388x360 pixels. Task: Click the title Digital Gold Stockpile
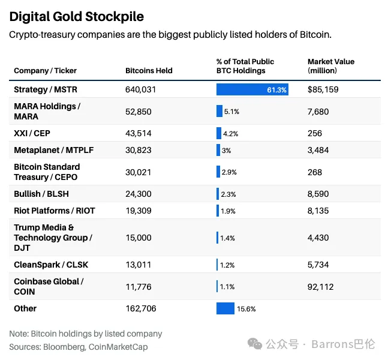point(76,16)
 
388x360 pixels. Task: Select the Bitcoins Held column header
point(149,71)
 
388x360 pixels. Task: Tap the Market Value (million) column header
point(331,66)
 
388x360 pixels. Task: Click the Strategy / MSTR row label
point(46,90)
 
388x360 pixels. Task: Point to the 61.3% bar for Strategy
point(252,90)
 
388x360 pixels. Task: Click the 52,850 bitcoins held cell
point(139,111)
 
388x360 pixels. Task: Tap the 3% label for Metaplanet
point(226,151)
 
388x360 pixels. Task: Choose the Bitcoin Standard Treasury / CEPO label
point(47,172)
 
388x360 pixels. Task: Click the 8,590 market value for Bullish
point(318,194)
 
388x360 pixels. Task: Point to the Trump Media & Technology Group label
point(53,238)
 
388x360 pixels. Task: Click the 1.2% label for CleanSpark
point(228,265)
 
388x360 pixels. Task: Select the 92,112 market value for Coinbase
point(321,286)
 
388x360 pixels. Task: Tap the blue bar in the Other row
point(225,308)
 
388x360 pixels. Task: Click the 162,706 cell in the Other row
point(141,308)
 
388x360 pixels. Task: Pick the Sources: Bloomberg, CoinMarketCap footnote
point(78,347)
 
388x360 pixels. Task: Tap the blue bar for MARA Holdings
point(219,111)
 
